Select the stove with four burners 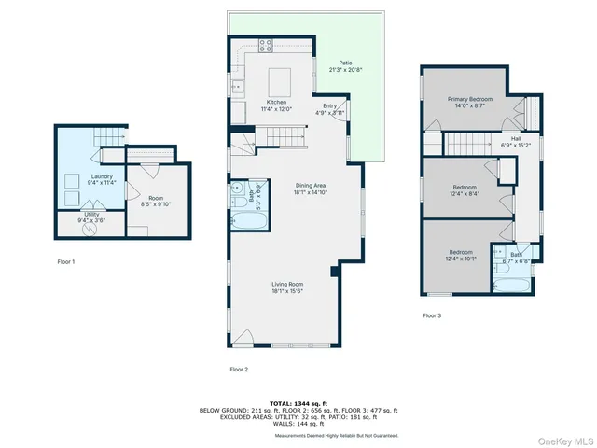coord(265,44)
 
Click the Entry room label coord(329,105)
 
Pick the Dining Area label coord(310,186)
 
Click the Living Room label coord(288,285)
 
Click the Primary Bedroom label coord(469,99)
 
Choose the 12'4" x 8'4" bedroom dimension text coord(464,194)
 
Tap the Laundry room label coord(102,175)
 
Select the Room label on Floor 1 coord(156,198)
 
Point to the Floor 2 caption coord(239,370)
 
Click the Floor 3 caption coord(432,316)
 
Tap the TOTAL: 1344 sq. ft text coord(298,403)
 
